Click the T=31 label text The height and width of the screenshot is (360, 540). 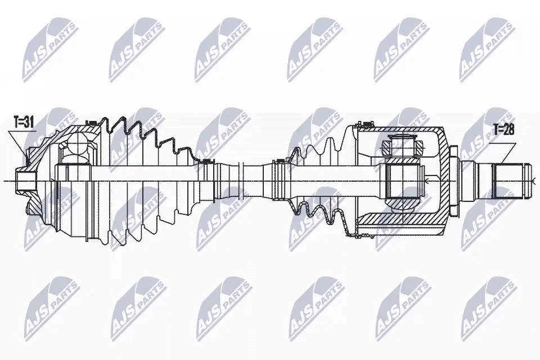[24, 122]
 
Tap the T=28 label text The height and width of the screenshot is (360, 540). [503, 129]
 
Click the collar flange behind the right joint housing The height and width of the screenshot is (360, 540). [453, 181]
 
